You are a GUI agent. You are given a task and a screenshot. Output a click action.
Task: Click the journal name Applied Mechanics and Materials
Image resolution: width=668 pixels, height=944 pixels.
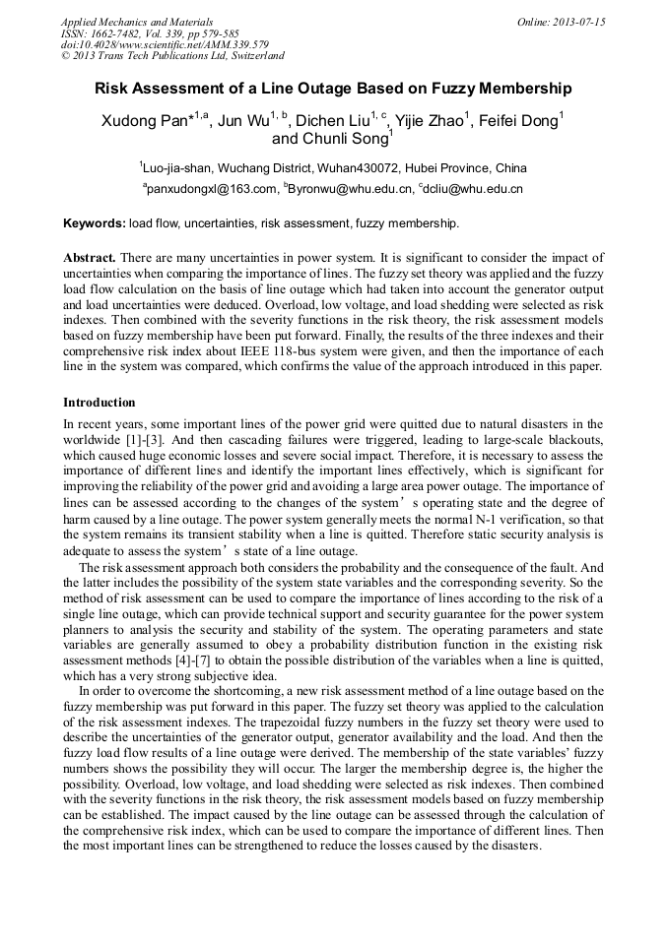tap(137, 22)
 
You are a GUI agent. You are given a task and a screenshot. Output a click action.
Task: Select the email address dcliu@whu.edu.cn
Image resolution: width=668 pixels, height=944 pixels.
tap(473, 188)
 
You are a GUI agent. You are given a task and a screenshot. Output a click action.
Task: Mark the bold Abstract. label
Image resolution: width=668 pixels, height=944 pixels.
tap(91, 256)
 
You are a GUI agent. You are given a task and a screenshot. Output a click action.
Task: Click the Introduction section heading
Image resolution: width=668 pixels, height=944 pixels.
tap(100, 403)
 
